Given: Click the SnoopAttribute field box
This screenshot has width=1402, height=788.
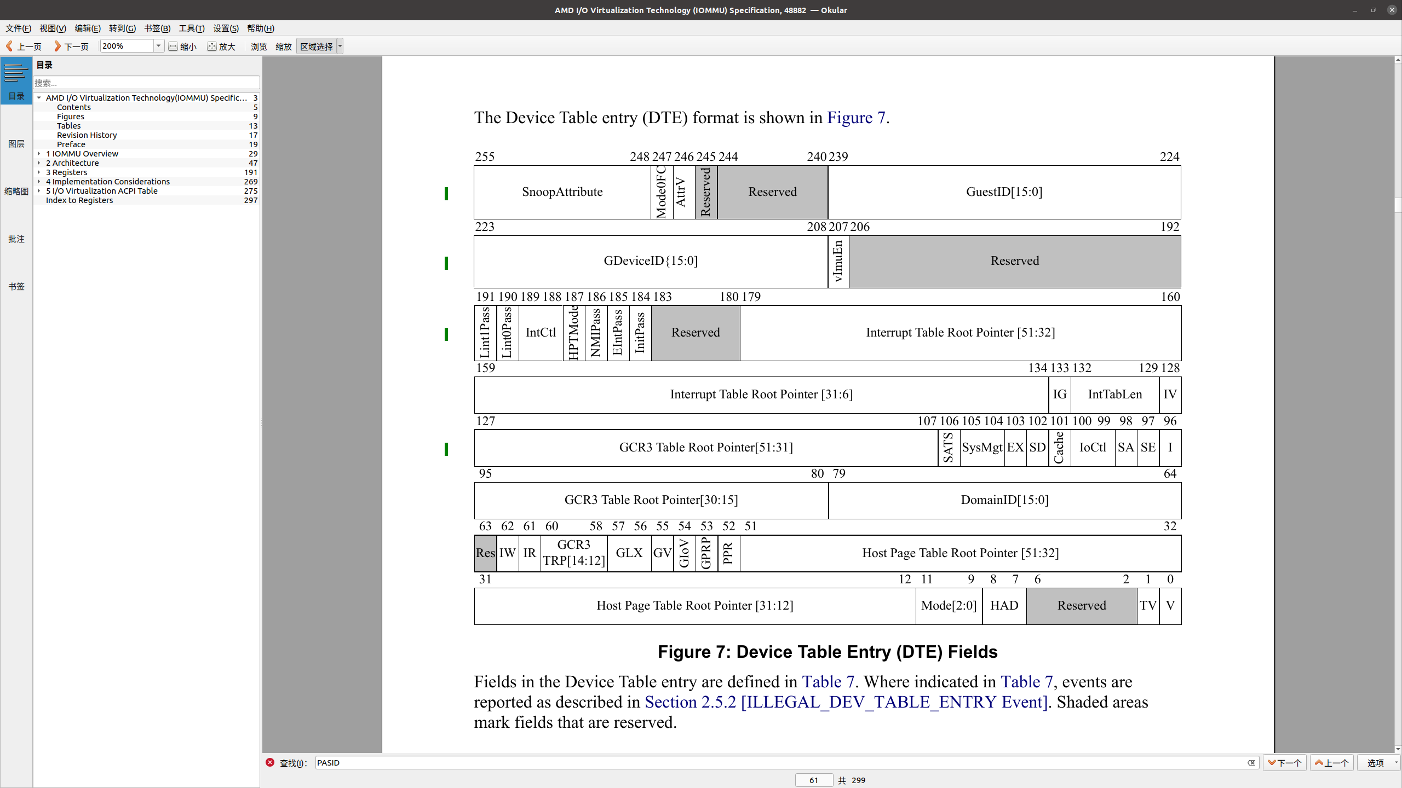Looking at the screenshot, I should pyautogui.click(x=562, y=192).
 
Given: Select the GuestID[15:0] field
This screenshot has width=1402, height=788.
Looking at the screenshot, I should pyautogui.click(x=1004, y=192).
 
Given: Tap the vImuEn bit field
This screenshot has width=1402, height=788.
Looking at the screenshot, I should pyautogui.click(x=838, y=262).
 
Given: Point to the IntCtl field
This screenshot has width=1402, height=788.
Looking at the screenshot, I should pyautogui.click(x=541, y=333).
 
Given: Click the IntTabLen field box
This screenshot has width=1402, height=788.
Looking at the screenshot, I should pyautogui.click(x=1114, y=395).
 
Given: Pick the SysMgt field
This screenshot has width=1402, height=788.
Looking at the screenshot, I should pyautogui.click(x=982, y=448).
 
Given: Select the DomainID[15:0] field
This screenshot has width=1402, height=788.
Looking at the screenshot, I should pyautogui.click(x=1004, y=500).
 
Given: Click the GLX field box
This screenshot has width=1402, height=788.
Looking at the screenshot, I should pyautogui.click(x=629, y=553).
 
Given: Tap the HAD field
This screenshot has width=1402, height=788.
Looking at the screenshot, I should pyautogui.click(x=1004, y=606).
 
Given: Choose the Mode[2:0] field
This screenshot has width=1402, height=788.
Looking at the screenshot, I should pyautogui.click(x=949, y=606).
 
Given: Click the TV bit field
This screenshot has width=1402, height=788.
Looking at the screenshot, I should pyautogui.click(x=1148, y=606).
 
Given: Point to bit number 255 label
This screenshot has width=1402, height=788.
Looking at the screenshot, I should pyautogui.click(x=485, y=157).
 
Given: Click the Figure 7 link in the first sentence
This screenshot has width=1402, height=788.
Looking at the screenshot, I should pyautogui.click(x=855, y=118).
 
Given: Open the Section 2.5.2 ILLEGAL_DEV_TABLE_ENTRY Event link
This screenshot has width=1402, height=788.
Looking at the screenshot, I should pyautogui.click(x=846, y=702).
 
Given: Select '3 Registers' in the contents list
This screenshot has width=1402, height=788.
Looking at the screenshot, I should pyautogui.click(x=66, y=172).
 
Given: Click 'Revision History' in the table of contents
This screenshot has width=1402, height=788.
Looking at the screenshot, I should pyautogui.click(x=87, y=135).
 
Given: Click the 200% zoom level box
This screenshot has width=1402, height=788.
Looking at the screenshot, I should pyautogui.click(x=127, y=46).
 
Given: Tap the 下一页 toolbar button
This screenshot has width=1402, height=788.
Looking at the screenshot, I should pyautogui.click(x=71, y=47).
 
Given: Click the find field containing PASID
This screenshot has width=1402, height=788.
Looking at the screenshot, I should pyautogui.click(x=780, y=763).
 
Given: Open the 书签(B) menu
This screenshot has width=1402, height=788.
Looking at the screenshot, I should pyautogui.click(x=157, y=28).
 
